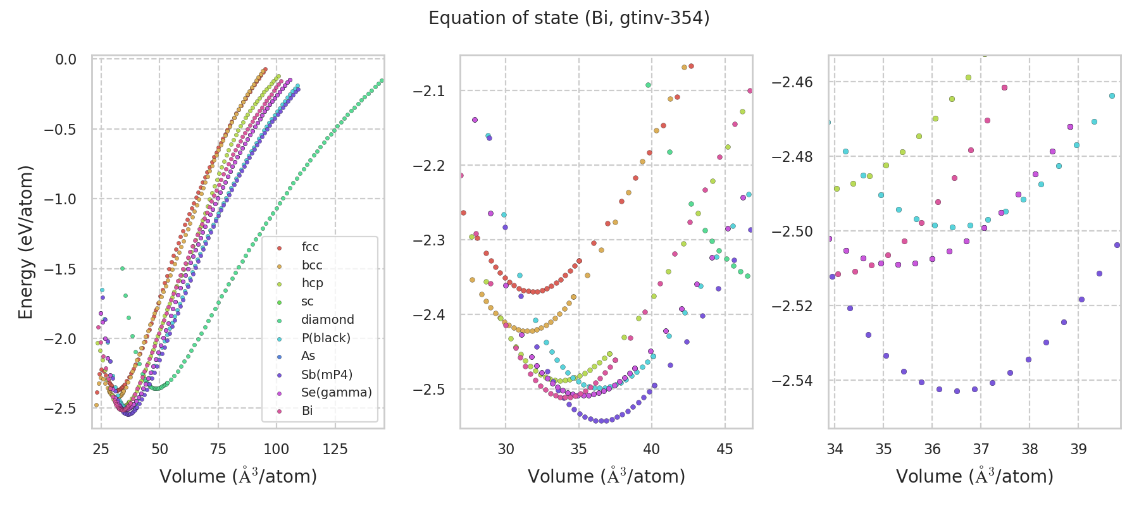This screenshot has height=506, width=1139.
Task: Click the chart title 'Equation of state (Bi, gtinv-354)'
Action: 569,18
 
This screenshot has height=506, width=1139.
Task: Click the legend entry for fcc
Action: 310,247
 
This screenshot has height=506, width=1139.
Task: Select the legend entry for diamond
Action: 327,320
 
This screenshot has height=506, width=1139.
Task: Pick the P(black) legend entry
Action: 326,338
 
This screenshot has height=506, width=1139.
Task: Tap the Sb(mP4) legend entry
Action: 327,374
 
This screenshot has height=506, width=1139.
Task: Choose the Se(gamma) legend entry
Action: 336,393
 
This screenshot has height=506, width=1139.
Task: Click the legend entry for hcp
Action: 312,283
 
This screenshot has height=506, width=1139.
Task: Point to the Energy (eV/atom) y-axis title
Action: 26,242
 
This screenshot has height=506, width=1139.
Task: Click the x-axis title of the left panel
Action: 238,476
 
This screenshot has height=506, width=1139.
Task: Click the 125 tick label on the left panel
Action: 335,449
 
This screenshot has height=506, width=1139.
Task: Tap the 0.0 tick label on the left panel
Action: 66,59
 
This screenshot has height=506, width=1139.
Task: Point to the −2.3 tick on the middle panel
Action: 430,240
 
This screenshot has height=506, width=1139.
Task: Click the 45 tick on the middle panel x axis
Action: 725,449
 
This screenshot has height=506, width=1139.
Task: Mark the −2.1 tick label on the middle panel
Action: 430,91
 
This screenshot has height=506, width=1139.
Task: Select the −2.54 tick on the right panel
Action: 795,381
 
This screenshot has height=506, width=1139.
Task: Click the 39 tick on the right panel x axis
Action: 1078,449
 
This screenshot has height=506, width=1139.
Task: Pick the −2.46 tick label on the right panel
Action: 795,82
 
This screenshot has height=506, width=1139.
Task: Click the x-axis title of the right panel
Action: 974,476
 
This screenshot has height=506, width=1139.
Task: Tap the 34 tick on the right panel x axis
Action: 835,449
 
